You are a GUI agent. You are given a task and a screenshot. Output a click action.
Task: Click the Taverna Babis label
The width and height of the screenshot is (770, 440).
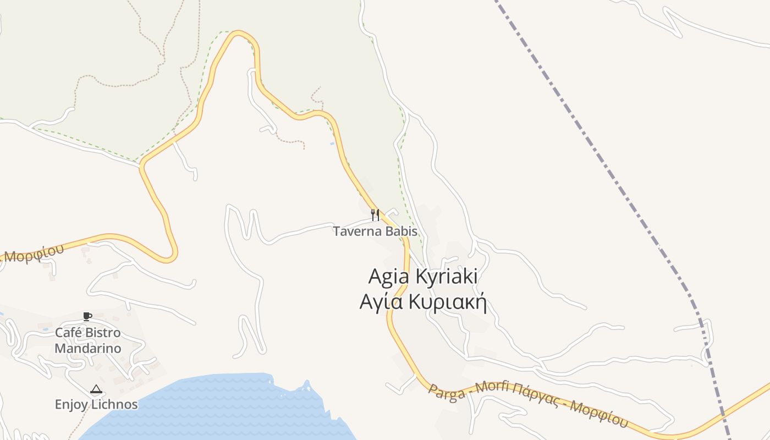pos(375,232)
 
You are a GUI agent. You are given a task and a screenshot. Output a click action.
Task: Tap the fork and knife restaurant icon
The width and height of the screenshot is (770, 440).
pos(375,215)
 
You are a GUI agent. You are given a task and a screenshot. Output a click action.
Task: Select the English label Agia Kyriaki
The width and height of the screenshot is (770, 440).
pos(422,276)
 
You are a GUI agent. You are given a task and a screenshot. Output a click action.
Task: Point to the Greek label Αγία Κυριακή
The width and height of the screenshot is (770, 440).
pos(423,302)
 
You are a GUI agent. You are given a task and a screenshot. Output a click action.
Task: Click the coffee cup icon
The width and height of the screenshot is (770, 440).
pos(87,316)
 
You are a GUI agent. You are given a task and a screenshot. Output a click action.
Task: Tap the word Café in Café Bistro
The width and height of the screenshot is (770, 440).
pos(68,333)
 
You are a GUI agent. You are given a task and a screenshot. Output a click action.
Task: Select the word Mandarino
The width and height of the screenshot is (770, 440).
pos(88,349)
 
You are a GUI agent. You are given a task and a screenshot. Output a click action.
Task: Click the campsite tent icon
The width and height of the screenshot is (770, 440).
pos(96,389)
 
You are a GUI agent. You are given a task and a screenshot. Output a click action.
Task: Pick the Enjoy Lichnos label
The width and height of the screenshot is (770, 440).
pos(96,405)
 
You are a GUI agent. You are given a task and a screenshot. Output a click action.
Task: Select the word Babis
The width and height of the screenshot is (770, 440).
pos(401,232)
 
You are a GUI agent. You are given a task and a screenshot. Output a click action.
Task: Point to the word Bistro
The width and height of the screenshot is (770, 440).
pos(102,333)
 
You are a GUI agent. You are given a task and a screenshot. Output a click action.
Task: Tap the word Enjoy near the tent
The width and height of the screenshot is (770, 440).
pos(71,405)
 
